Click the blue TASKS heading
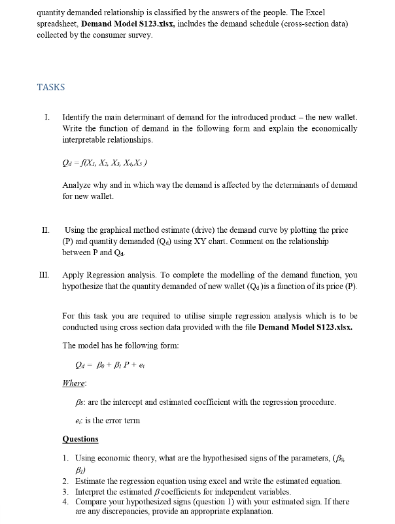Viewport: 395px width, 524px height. coord(51,87)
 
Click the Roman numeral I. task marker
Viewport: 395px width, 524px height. coord(46,117)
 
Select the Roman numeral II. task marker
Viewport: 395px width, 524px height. coord(45,230)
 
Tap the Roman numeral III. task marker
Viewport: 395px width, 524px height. coord(46,277)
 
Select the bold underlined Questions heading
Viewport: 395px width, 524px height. coord(80,438)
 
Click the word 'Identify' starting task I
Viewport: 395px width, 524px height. coord(78,117)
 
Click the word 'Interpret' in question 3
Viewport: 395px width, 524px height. coord(92,491)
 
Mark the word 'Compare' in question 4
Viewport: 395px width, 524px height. coord(93,502)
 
